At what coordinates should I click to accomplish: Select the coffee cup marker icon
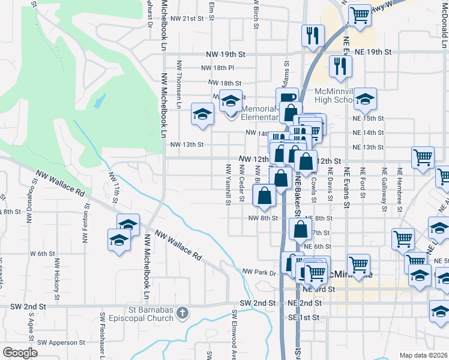[x=288, y=98]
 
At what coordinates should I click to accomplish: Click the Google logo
[x=20, y=353]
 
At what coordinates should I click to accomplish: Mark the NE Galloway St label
[x=384, y=188]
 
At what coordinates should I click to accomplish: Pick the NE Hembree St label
[x=400, y=188]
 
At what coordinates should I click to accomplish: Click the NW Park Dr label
[x=258, y=272]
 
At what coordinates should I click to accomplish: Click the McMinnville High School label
[x=333, y=96]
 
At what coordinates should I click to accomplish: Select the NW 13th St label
[x=188, y=145]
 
